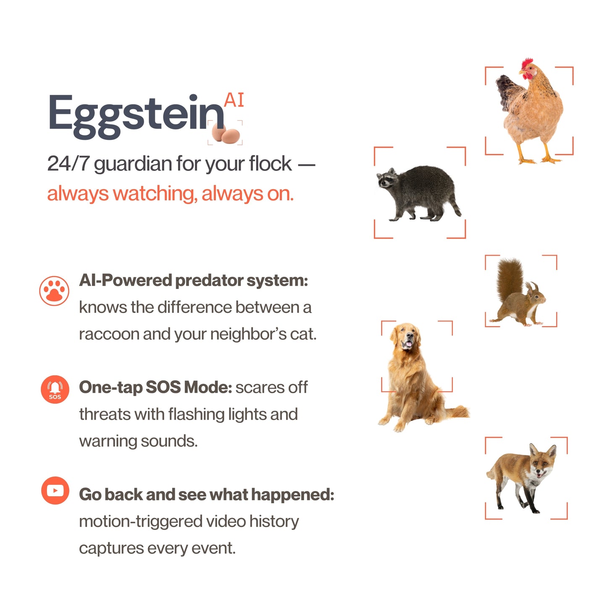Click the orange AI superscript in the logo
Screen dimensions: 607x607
(234, 100)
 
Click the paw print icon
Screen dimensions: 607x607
(54, 291)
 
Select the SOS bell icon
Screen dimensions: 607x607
(55, 389)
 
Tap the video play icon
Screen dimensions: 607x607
(55, 490)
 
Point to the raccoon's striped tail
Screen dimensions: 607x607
(456, 206)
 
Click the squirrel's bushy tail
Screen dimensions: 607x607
(510, 278)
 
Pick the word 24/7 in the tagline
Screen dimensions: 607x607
(68, 164)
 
